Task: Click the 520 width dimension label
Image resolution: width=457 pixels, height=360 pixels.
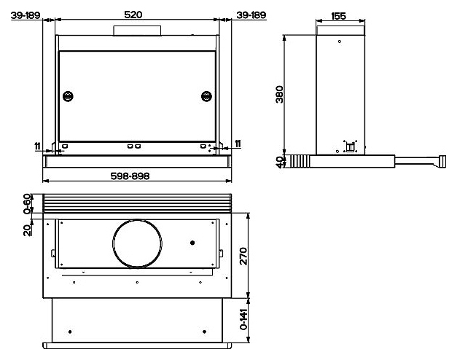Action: coord(133,15)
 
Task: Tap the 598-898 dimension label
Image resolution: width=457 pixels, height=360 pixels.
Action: coord(130,176)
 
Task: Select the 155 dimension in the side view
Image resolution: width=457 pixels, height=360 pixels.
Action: coord(338,16)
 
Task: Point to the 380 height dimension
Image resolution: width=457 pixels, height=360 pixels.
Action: coord(279,94)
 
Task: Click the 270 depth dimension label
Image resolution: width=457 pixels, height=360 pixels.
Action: coord(243,256)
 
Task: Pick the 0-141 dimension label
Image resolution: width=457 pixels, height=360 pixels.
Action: coord(243,319)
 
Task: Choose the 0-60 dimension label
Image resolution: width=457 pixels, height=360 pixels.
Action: coord(27,204)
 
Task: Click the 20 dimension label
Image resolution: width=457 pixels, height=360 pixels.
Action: coord(27,230)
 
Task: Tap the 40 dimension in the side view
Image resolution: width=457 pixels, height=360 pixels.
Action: coord(280,162)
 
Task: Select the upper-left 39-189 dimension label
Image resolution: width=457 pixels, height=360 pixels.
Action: coord(26,15)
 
